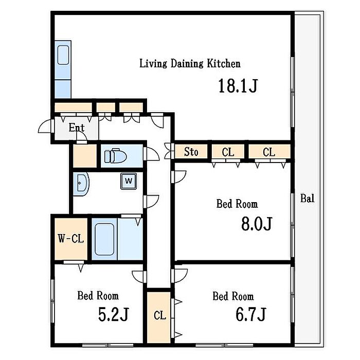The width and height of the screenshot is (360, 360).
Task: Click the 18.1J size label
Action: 238,85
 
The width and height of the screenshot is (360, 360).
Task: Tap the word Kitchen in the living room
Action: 224,64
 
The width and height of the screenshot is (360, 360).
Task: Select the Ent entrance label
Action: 77,128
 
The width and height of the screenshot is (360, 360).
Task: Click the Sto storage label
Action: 191,152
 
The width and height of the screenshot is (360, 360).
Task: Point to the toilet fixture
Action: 115,156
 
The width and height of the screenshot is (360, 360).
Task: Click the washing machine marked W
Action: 129,181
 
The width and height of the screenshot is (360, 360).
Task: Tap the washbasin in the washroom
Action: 81,184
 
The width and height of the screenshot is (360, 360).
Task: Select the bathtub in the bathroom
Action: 104,239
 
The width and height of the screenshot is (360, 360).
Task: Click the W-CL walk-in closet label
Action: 71,239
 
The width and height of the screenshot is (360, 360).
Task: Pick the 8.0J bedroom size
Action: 257,224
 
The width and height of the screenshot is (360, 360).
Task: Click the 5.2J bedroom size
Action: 114,314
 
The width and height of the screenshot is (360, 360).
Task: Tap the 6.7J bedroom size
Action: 251,314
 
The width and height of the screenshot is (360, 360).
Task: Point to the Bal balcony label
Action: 308,198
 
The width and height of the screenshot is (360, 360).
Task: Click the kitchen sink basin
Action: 63,55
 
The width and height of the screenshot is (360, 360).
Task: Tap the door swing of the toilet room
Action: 152,153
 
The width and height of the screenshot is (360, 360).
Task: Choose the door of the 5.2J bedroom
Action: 139,277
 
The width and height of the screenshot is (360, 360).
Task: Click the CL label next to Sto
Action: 228,152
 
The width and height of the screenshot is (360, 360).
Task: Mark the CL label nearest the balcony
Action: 269,152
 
